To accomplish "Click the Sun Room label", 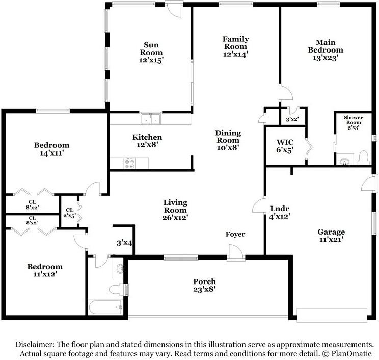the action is click(151, 48).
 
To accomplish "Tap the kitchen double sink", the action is click(151, 118).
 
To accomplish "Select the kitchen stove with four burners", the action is click(129, 163).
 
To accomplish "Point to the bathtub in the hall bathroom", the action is click(105, 307).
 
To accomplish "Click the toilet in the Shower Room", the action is click(364, 159).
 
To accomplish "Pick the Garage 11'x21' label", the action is click(331, 236).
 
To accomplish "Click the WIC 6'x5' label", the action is click(285, 146).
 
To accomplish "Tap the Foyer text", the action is click(235, 234).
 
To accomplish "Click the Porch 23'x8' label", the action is click(204, 285).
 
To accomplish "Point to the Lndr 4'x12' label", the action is click(280, 212).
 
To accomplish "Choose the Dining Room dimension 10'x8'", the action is click(228, 147).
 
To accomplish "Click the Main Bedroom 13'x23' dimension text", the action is click(326, 58).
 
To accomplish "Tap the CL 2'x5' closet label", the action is click(70, 213).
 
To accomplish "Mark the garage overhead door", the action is click(332, 315).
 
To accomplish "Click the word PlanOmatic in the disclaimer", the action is click(351, 353).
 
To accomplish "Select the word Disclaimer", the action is click(35, 344).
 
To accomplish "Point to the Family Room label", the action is click(235, 43).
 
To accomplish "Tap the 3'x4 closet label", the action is click(124, 243).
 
